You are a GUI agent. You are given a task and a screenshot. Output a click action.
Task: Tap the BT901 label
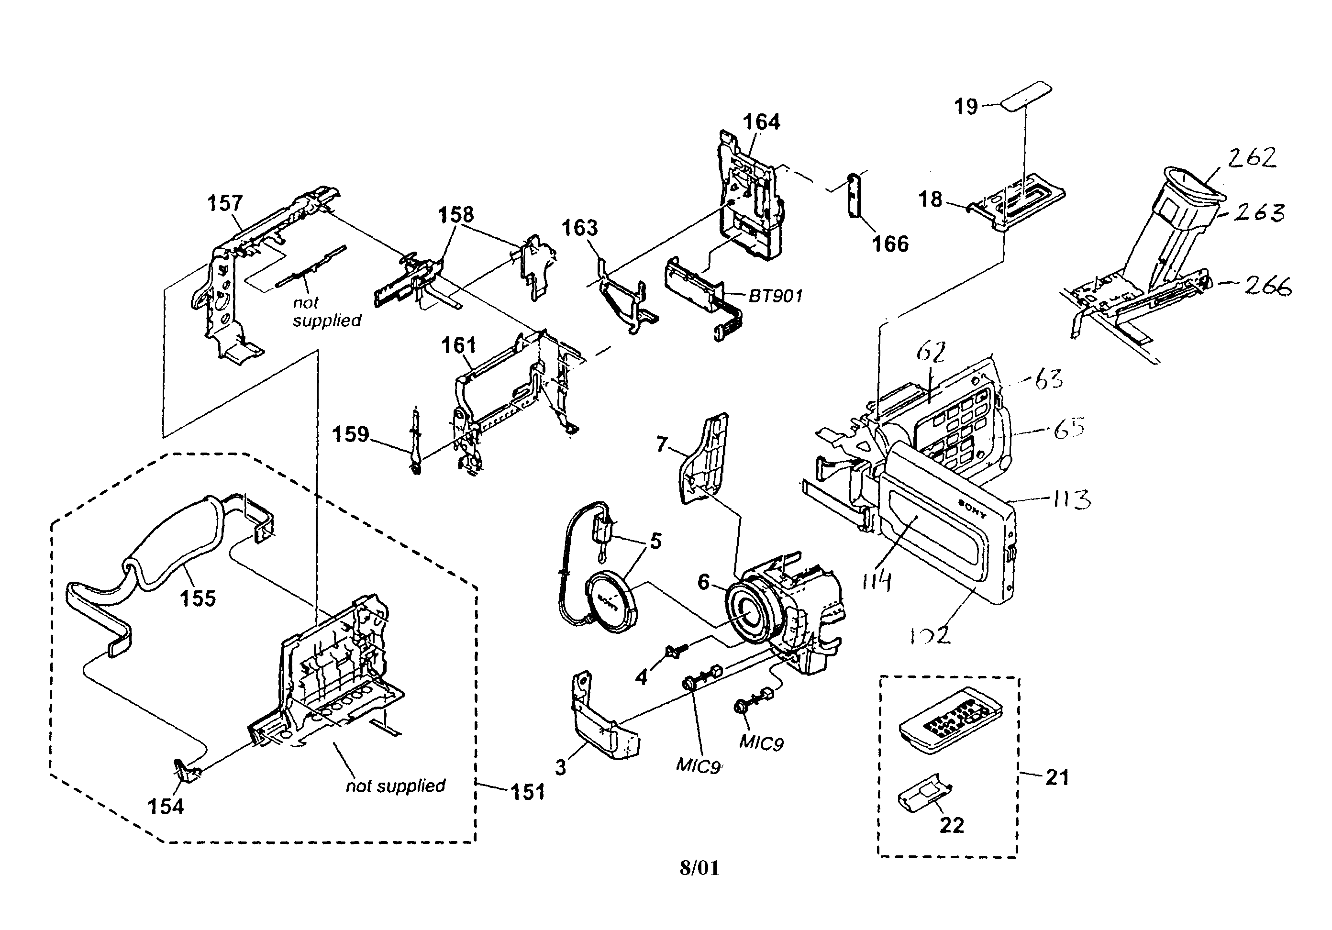tap(775, 296)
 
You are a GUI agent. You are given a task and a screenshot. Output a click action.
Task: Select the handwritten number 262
tap(1253, 158)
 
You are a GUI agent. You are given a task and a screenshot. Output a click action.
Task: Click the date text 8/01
tap(699, 868)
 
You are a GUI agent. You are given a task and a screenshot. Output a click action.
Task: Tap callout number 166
tap(890, 244)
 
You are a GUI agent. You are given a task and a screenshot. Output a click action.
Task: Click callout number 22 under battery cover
tap(952, 825)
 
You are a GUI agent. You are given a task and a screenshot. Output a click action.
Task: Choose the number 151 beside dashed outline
tap(528, 792)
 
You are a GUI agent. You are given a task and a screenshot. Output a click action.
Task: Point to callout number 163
tap(579, 228)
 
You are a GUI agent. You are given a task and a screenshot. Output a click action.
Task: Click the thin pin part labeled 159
tap(415, 444)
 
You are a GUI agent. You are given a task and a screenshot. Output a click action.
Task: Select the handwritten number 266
tap(1267, 286)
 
